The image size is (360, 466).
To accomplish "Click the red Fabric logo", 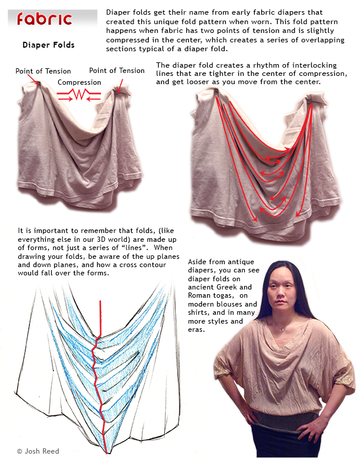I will coord(45,19).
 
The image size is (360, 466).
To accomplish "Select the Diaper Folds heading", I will coord(48,45).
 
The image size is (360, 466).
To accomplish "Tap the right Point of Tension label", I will coord(116,71).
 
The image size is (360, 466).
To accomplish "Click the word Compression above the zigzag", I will coord(79,82).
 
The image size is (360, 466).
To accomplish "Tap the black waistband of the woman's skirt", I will coord(276,421).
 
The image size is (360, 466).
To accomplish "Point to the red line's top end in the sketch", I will coord(100,301).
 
